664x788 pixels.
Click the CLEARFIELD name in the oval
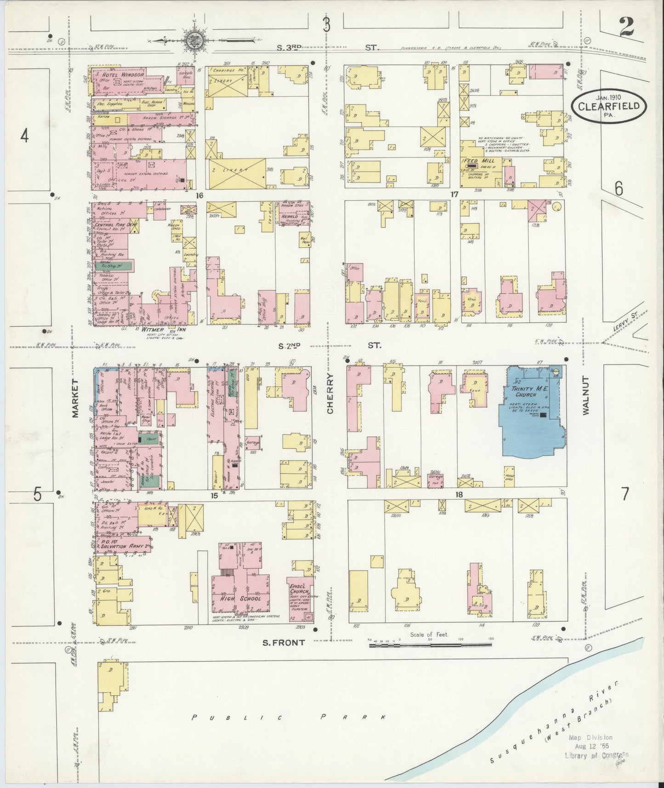click(x=609, y=106)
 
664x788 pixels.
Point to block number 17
click(x=454, y=195)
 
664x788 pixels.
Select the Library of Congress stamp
click(x=597, y=754)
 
